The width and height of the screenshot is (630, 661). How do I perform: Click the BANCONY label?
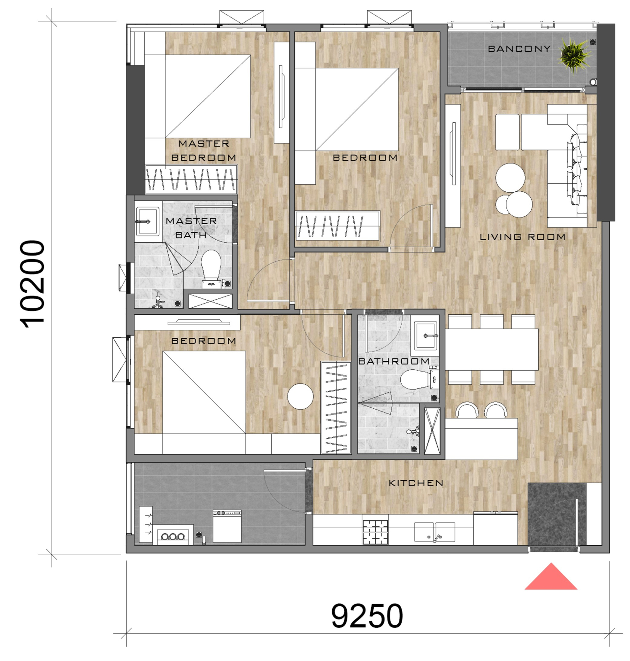pyautogui.click(x=519, y=49)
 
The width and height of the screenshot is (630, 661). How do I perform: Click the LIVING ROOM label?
pyautogui.click(x=523, y=237)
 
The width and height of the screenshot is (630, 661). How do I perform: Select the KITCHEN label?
pyautogui.click(x=416, y=483)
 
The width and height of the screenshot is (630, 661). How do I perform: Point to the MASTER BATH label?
pyautogui.click(x=191, y=228)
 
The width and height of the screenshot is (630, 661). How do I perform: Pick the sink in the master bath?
pyautogui.click(x=147, y=221)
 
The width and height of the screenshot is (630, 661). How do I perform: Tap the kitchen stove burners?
pyautogui.click(x=375, y=532)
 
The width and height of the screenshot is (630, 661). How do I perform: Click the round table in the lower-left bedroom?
pyautogui.click(x=300, y=396)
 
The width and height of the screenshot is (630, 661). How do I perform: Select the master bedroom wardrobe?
pyautogui.click(x=191, y=179)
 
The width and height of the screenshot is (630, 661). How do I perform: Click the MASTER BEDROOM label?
pyautogui.click(x=203, y=151)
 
